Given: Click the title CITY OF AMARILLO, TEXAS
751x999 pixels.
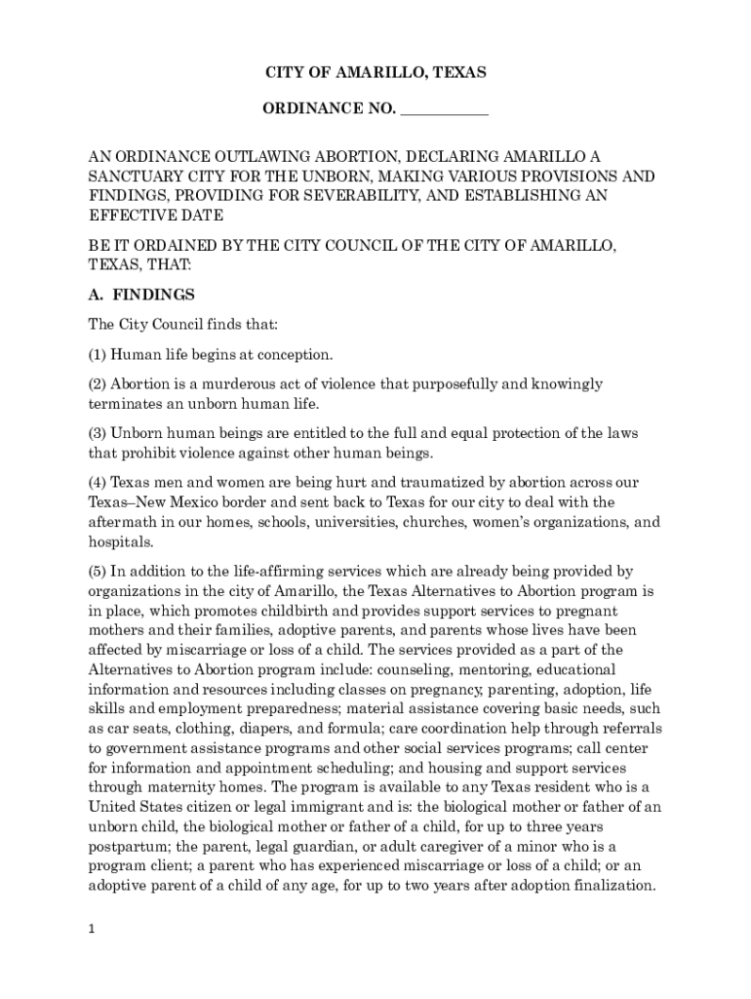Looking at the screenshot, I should tap(375, 73).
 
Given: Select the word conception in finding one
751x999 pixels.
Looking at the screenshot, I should tap(296, 354).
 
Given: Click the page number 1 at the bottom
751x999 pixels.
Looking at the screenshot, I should tap(91, 929).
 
